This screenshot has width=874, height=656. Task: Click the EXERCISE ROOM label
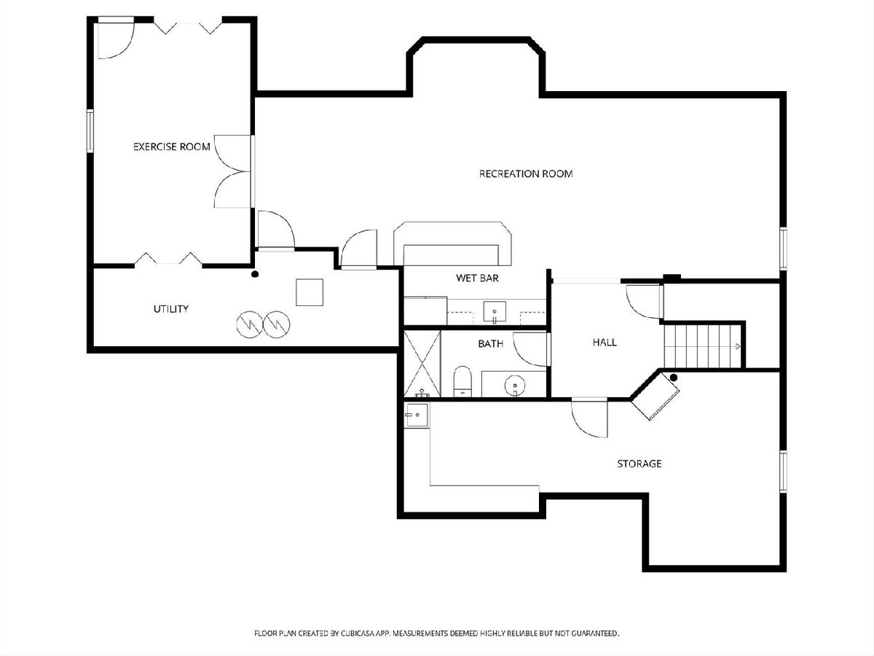pos(172,147)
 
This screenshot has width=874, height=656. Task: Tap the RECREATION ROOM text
pos(526,173)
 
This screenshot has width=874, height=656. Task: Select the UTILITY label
pos(171,308)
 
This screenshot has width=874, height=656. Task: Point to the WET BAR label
pos(477,278)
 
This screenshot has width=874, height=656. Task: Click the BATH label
pos(491,343)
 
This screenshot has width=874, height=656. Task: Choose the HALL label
pos(605,342)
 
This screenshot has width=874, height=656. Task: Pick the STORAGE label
pos(639,464)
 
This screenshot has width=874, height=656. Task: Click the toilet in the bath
pos(462,381)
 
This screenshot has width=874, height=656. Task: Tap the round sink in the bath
pos(515,385)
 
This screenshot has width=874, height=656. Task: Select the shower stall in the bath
pos(422,364)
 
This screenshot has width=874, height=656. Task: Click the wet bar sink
pos(495,311)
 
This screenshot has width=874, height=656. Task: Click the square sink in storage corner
pos(417,415)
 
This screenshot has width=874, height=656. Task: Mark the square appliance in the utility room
pos(310,292)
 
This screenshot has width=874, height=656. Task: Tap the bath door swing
pos(530,349)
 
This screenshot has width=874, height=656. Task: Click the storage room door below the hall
pos(589,418)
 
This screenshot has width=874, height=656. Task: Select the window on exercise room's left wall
pos(90,130)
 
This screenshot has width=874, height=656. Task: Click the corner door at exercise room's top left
pos(116,38)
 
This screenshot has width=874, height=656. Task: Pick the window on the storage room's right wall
pos(783,472)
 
